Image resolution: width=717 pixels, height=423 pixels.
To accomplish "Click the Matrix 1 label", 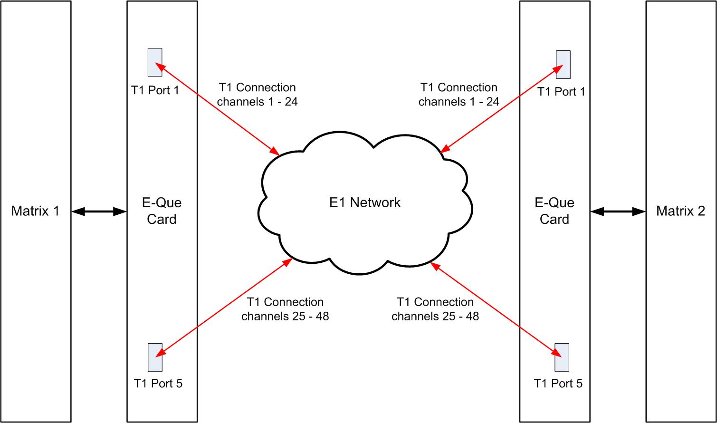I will click(x=36, y=211).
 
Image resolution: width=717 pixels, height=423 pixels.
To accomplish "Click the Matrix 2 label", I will click(x=680, y=211).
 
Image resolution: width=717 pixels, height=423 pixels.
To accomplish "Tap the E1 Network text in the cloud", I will click(x=365, y=202).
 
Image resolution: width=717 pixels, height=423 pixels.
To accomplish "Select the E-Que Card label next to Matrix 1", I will click(x=162, y=211).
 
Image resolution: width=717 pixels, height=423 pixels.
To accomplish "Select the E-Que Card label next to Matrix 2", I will click(x=554, y=211).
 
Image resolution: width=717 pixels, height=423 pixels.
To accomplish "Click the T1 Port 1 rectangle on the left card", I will click(x=155, y=62).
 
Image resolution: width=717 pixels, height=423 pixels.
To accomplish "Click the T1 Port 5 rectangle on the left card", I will click(x=155, y=357).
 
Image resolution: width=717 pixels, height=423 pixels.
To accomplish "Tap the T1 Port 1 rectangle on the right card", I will click(x=563, y=65).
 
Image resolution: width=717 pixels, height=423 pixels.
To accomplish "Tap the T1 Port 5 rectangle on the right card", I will click(x=562, y=357).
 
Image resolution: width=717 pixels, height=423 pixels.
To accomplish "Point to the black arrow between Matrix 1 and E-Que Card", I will click(x=99, y=211).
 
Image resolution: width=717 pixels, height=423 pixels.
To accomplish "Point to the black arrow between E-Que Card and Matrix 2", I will click(x=618, y=211).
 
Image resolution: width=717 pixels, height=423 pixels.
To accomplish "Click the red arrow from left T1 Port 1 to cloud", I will click(x=220, y=109).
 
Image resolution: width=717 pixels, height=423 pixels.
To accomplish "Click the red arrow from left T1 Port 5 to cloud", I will click(x=223, y=308).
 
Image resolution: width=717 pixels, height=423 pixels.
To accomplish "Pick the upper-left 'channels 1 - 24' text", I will click(x=258, y=102).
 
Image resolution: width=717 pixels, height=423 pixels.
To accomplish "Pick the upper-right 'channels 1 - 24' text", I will click(x=459, y=102).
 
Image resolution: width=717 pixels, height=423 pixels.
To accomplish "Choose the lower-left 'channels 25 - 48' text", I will click(x=285, y=317).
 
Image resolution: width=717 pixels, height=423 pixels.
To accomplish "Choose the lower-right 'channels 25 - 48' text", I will click(x=435, y=317).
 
